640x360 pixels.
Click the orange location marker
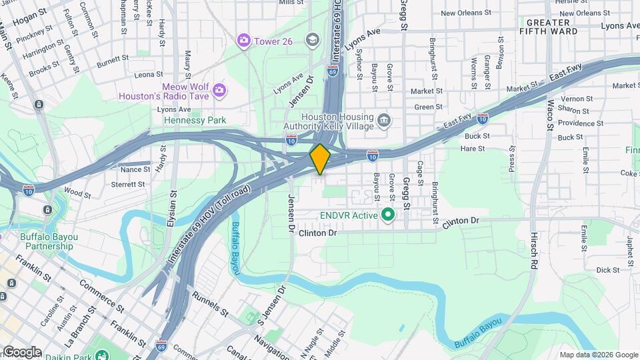coord(320,159)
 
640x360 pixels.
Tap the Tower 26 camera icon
coord(244,41)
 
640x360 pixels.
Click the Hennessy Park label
coord(195,120)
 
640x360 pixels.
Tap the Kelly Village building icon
coord(384,121)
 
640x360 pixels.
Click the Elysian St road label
coord(172,207)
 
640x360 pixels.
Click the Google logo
coord(22,351)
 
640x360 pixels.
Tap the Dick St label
coord(607,270)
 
